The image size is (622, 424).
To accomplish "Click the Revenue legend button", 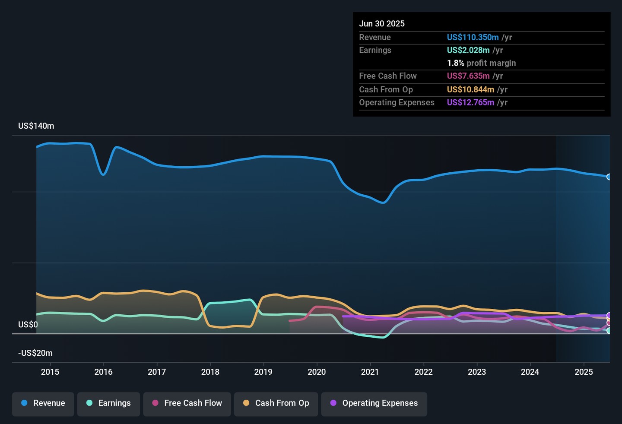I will coord(43,403).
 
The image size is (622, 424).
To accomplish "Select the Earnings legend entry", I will coord(108,403).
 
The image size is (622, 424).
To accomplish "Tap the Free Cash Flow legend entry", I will coord(187,403).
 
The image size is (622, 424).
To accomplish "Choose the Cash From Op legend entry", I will coord(276,403).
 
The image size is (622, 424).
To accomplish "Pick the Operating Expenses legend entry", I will coord(374,403).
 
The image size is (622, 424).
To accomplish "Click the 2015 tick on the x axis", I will coord(50,372).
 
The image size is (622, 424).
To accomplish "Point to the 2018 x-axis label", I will coord(210,372).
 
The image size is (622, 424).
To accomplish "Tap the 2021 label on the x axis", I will coord(370,372).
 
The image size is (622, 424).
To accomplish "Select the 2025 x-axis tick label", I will coord(584,372).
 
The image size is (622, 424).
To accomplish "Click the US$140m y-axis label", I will coord(36,126).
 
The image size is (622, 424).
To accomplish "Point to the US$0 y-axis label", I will coord(28,325).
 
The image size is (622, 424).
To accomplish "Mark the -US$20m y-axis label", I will coord(35,353).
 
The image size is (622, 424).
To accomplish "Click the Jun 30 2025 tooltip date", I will coord(382,24).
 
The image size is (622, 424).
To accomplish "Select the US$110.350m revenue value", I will coord(473,38).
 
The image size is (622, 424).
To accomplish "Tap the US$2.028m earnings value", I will coord(468,51).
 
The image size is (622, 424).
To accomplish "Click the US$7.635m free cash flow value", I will coord(468,76).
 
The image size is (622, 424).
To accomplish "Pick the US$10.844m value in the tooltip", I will coord(470,90).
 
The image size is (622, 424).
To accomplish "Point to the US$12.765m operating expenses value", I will coord(470,103).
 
